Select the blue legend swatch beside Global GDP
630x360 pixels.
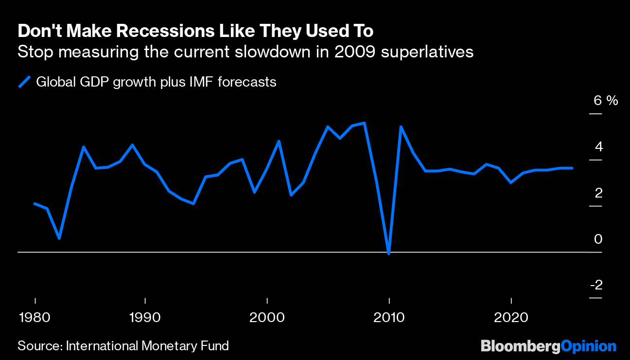24,82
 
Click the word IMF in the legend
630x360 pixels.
198,82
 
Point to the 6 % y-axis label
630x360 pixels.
605,101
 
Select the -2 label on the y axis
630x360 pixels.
596,285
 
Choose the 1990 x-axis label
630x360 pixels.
145,317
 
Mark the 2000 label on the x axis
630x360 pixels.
267,317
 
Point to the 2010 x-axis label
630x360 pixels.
389,317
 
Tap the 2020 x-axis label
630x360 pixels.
511,317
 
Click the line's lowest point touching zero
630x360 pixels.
388,253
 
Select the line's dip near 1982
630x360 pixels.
59,238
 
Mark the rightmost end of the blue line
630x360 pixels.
572,168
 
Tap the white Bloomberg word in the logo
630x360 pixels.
520,346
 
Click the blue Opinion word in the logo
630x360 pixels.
588,346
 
